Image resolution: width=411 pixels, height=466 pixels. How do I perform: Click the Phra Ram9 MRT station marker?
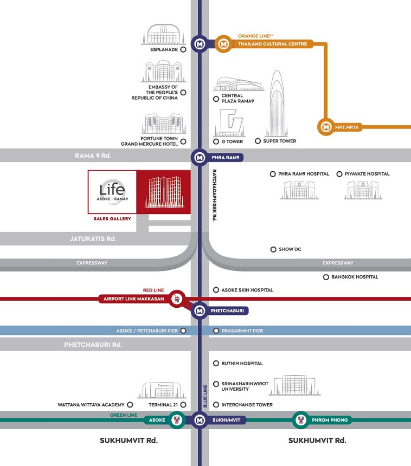200,157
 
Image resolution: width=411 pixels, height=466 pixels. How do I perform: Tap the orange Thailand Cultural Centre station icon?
223,44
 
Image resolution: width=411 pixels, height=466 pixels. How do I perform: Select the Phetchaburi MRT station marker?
200,311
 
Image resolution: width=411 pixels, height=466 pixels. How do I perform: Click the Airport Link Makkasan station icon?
177,299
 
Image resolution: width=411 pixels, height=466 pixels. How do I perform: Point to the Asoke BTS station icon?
177,420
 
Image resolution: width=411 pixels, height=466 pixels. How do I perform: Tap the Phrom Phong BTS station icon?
301,420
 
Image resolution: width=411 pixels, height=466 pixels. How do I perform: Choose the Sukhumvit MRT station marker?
200,420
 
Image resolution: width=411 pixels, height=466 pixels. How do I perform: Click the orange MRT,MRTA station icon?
326,127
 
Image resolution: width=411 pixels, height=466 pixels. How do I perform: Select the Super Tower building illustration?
277,103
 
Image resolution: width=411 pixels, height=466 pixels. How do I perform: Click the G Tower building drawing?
229,123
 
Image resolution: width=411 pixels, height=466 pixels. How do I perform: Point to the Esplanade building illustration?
163,35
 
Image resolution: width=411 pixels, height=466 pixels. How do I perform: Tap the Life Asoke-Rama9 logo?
112,191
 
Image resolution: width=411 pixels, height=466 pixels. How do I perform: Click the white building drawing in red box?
164,192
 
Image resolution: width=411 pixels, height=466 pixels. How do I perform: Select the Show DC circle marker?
273,249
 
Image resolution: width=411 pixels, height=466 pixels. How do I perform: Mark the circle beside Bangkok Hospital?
326,277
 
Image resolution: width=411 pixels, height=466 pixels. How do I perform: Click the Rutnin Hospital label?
242,363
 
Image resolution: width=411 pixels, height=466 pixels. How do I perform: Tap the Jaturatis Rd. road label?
93,238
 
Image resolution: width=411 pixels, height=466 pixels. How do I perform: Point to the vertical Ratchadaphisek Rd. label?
214,195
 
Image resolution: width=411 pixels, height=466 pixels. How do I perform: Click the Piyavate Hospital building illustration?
363,190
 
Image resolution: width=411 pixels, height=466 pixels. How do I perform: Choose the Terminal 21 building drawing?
162,390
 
